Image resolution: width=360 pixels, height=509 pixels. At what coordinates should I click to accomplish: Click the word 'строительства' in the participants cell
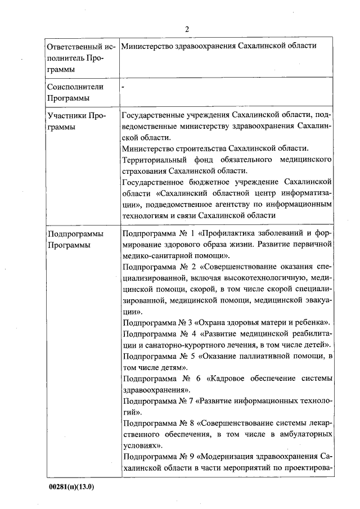pos(192,148)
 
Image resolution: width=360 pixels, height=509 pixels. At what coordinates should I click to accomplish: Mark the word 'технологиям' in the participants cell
pos(145,215)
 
